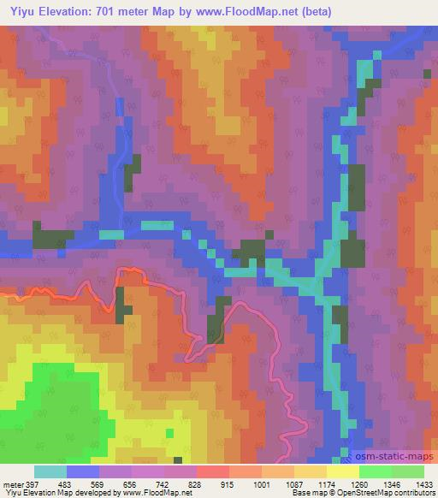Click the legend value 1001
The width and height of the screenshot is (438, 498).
click(x=275, y=483)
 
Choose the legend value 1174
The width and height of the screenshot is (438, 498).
click(x=340, y=483)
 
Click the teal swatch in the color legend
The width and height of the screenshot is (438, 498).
click(x=50, y=471)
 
